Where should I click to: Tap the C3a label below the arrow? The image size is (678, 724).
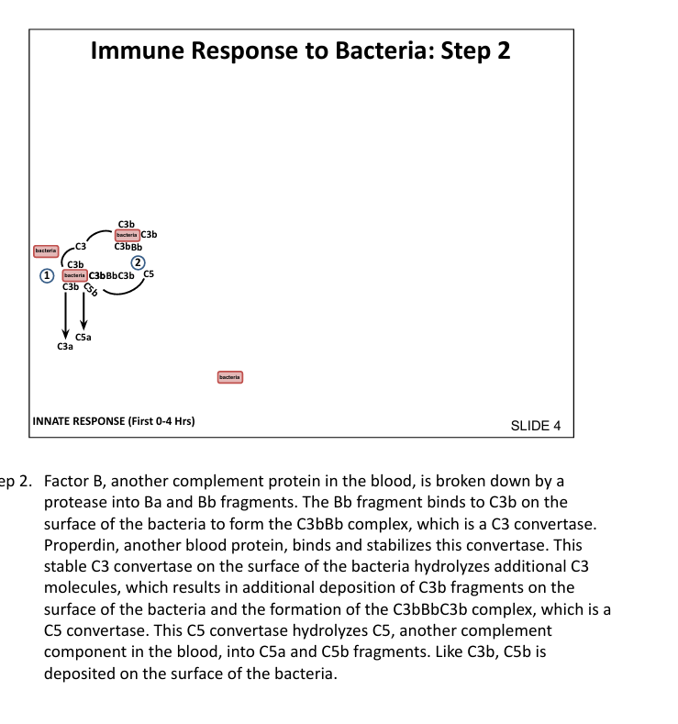64,347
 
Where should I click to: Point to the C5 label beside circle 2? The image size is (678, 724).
149,274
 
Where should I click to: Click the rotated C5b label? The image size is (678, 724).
90,293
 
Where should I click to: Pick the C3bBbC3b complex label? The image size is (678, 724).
111,275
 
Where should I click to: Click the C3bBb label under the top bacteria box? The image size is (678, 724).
128,246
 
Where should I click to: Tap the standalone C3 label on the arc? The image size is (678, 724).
81,246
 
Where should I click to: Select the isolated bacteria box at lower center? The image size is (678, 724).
229,376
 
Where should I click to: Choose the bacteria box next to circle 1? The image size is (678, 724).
73,275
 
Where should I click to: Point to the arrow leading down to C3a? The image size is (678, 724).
64,316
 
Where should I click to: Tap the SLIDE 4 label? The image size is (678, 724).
534,426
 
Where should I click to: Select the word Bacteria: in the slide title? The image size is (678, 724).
386,50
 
